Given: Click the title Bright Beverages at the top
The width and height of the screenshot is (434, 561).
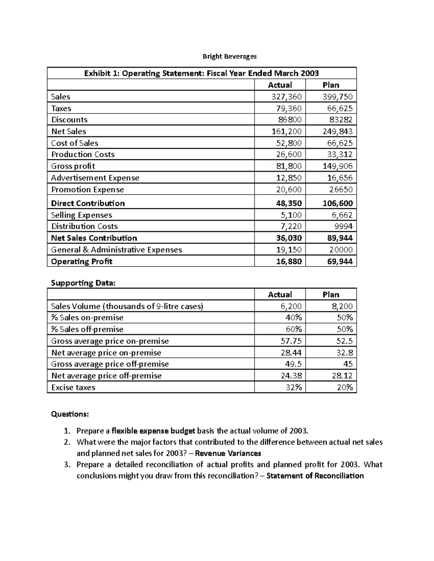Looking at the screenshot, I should pos(229,56).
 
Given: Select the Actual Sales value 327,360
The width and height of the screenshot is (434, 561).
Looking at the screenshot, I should pos(286,97).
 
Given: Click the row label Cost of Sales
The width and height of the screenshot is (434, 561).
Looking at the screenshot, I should pos(75,143).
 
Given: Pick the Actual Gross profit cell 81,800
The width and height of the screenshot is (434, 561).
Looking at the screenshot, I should pos(288,166).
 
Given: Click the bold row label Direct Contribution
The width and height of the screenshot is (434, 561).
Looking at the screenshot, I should pos(88,203).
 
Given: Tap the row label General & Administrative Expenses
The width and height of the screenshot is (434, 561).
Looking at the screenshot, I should pos(116,250).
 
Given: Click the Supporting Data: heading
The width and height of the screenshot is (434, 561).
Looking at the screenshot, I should pos(83,283).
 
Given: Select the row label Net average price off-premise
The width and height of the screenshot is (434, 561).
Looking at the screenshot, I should pos(106,376).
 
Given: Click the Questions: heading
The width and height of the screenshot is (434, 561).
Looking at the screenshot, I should pos(70,414).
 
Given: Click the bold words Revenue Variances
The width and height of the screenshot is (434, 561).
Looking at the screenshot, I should pos(228,453).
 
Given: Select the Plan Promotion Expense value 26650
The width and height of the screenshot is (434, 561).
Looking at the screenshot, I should pos(341,190).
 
